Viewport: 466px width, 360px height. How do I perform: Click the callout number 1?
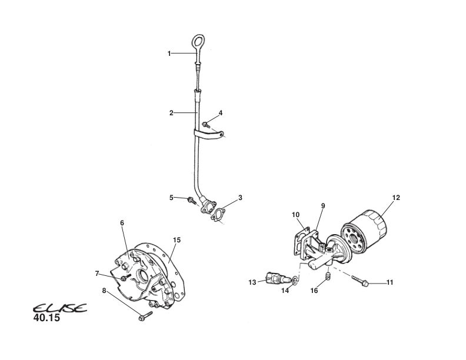click(x=169, y=54)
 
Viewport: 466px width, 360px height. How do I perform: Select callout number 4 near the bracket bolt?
click(x=221, y=112)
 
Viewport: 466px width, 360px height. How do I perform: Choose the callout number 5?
click(x=171, y=198)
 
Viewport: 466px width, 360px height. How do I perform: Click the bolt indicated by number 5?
click(x=192, y=201)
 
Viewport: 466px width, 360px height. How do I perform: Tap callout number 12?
click(x=396, y=198)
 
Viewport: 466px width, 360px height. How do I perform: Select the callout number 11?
click(x=390, y=283)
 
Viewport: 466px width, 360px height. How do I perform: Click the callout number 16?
click(x=314, y=290)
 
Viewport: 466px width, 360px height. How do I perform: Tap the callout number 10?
click(x=295, y=215)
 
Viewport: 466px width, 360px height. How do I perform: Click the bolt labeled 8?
click(x=143, y=318)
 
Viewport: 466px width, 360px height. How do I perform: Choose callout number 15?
click(x=177, y=239)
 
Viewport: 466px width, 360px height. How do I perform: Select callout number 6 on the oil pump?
click(x=122, y=223)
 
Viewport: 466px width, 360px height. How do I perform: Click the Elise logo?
click(x=59, y=309)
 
